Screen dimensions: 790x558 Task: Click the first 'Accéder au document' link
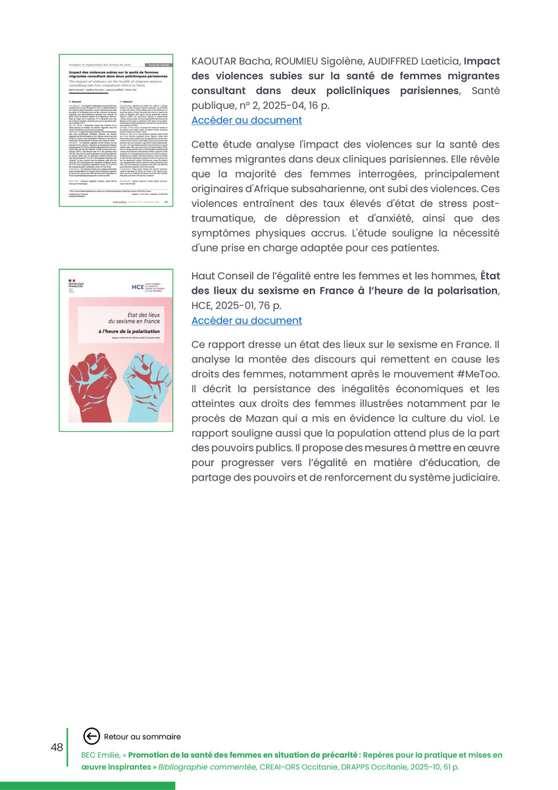click(246, 120)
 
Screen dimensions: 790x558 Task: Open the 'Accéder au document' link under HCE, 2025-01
click(246, 321)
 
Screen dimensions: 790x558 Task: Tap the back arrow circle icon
click(91, 737)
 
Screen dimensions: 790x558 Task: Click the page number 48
click(57, 747)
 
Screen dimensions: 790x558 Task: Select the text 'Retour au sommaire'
click(142, 737)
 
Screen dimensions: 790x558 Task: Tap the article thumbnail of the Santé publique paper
click(116, 130)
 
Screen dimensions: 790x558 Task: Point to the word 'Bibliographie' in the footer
click(189, 767)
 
